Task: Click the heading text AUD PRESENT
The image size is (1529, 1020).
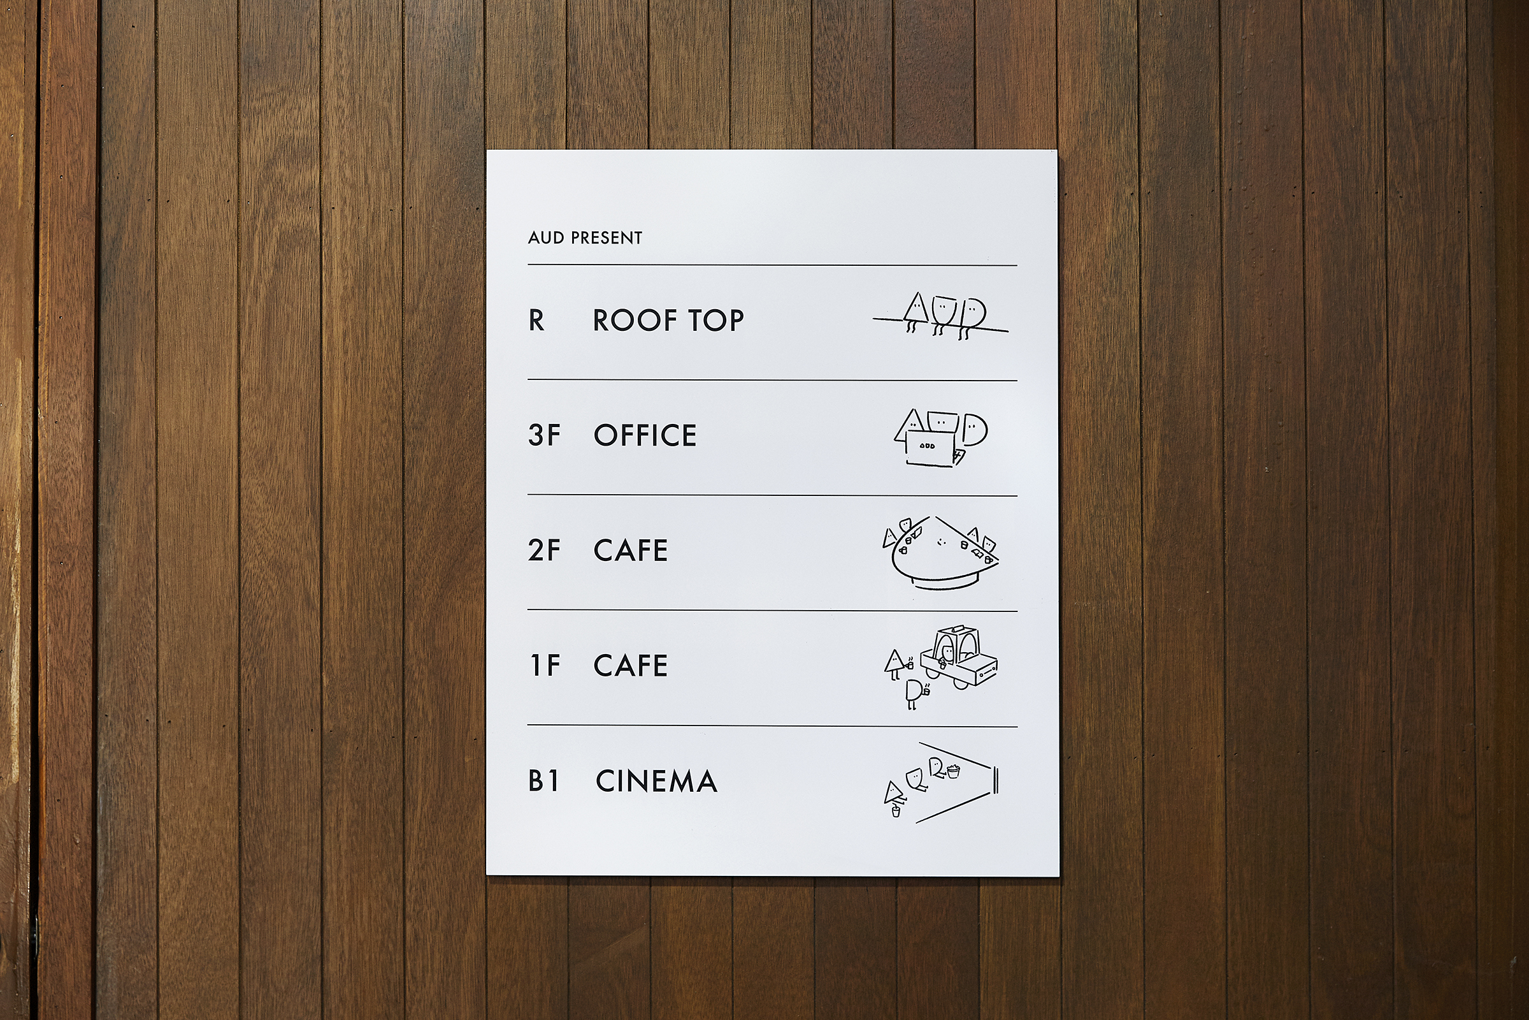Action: [585, 237]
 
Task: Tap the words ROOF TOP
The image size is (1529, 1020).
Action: [668, 320]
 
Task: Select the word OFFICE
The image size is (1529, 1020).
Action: [645, 435]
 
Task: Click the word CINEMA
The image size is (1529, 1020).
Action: [657, 780]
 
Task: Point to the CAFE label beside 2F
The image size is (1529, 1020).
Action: [631, 550]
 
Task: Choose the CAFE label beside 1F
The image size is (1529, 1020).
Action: [631, 666]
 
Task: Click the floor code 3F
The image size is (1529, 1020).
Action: [544, 435]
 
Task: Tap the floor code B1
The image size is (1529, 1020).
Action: [544, 780]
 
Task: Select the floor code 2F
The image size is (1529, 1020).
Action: [544, 550]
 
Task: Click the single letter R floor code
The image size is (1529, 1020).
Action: [536, 320]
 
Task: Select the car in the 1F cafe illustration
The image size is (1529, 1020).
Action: [959, 657]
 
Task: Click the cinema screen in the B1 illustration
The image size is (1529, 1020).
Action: [996, 780]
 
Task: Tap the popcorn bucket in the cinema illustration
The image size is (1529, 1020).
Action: [953, 771]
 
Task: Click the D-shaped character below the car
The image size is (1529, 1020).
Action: [914, 693]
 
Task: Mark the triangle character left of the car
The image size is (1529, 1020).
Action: [894, 663]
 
